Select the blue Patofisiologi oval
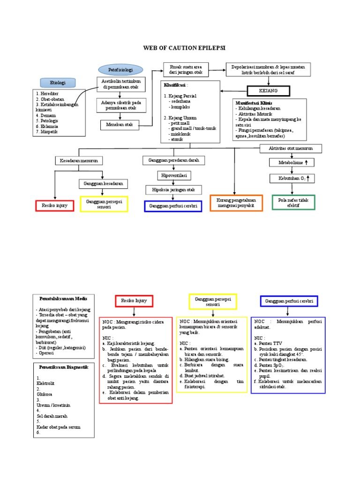point(120,70)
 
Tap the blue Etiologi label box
point(58,82)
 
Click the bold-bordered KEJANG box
point(269,90)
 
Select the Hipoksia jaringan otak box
point(173,190)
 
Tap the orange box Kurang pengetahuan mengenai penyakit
point(236,202)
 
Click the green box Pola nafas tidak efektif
point(293,202)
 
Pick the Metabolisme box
point(292,162)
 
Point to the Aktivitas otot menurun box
point(292,148)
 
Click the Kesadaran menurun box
point(79,160)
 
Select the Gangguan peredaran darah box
point(173,160)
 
